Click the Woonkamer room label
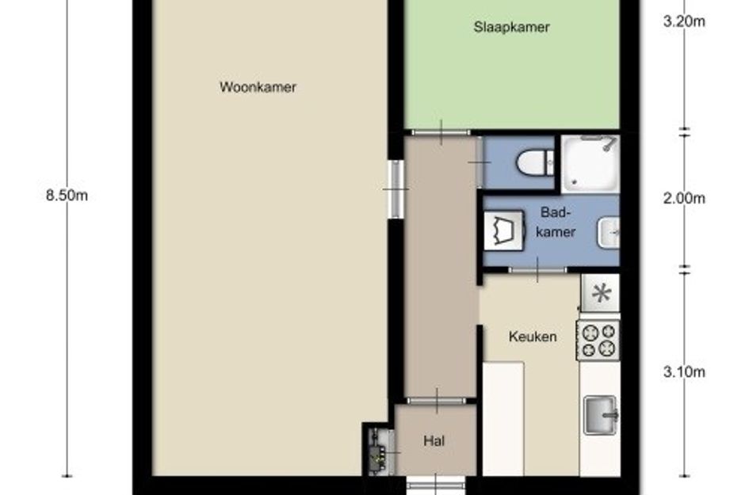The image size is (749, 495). tap(258, 87)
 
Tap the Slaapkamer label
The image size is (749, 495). tap(511, 27)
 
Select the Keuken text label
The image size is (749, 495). tap(533, 337)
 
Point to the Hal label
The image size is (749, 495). tap(434, 440)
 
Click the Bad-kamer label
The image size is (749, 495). tap(556, 222)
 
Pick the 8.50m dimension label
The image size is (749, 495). tap(67, 196)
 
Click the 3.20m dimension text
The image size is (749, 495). tap(684, 21)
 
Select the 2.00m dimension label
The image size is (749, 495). tap(684, 198)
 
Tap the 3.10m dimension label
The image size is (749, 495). tap(684, 371)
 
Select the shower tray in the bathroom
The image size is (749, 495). tap(590, 164)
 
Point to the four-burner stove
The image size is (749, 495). tap(599, 341)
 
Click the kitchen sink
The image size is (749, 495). tap(601, 415)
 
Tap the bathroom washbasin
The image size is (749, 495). tap(609, 233)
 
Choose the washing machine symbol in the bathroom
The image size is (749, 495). tap(504, 230)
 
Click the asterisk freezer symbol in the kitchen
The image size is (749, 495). tap(601, 293)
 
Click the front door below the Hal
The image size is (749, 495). tap(436, 485)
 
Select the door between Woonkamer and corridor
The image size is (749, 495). tap(396, 189)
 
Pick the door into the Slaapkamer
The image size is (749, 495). tap(441, 132)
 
